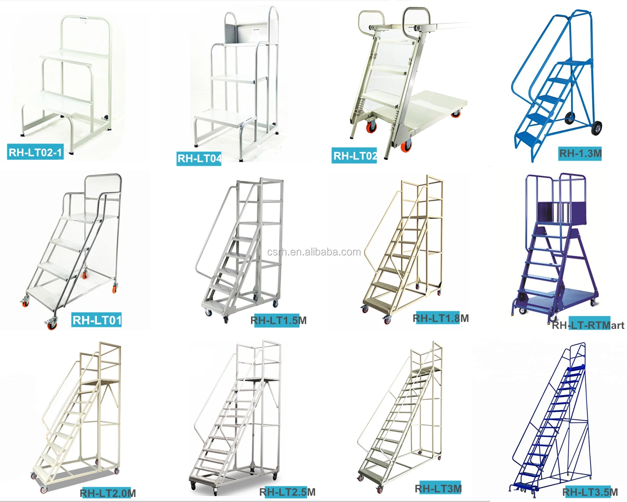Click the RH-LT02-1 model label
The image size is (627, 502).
(x=36, y=152)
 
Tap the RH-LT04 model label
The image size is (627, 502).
(x=199, y=159)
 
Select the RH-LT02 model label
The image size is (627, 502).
(x=355, y=156)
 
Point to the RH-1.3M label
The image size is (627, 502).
(x=580, y=154)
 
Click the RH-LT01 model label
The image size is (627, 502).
(x=97, y=320)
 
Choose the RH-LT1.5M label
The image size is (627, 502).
(x=278, y=320)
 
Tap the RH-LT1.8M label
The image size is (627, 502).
(x=441, y=318)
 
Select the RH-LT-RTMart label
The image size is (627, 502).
(x=588, y=325)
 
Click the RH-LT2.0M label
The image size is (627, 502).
(x=108, y=493)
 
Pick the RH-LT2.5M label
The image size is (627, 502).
(x=288, y=492)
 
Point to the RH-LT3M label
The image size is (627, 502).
(x=438, y=488)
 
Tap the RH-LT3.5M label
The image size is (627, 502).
(x=590, y=492)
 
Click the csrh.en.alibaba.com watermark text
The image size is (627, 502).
(x=314, y=252)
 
